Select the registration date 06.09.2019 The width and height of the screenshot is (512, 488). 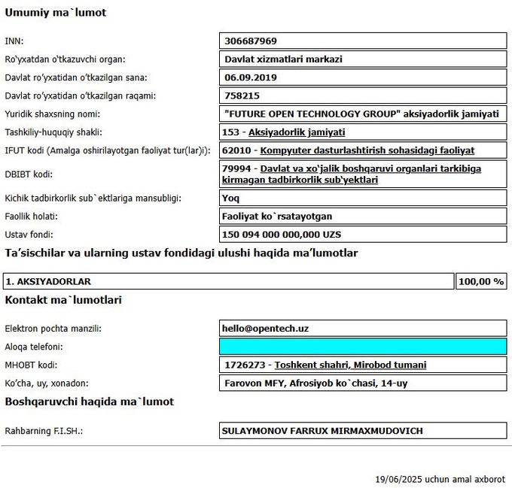click(x=251, y=77)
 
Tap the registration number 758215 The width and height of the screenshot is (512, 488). click(x=242, y=95)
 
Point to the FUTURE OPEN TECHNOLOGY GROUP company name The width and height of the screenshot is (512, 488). click(x=361, y=114)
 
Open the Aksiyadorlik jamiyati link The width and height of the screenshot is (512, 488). click(x=297, y=132)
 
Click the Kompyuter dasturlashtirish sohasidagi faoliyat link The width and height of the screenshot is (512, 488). click(x=367, y=150)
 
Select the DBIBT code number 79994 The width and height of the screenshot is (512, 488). click(x=239, y=168)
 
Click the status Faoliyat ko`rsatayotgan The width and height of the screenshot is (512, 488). click(x=277, y=217)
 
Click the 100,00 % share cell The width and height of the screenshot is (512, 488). click(x=480, y=281)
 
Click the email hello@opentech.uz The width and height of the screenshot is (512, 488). click(x=266, y=329)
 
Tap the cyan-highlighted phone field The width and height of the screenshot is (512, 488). click(x=362, y=347)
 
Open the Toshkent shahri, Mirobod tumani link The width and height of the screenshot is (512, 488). click(x=350, y=365)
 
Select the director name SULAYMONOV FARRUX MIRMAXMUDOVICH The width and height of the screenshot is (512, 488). click(x=322, y=431)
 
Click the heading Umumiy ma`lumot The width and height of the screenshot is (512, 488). click(x=56, y=13)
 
